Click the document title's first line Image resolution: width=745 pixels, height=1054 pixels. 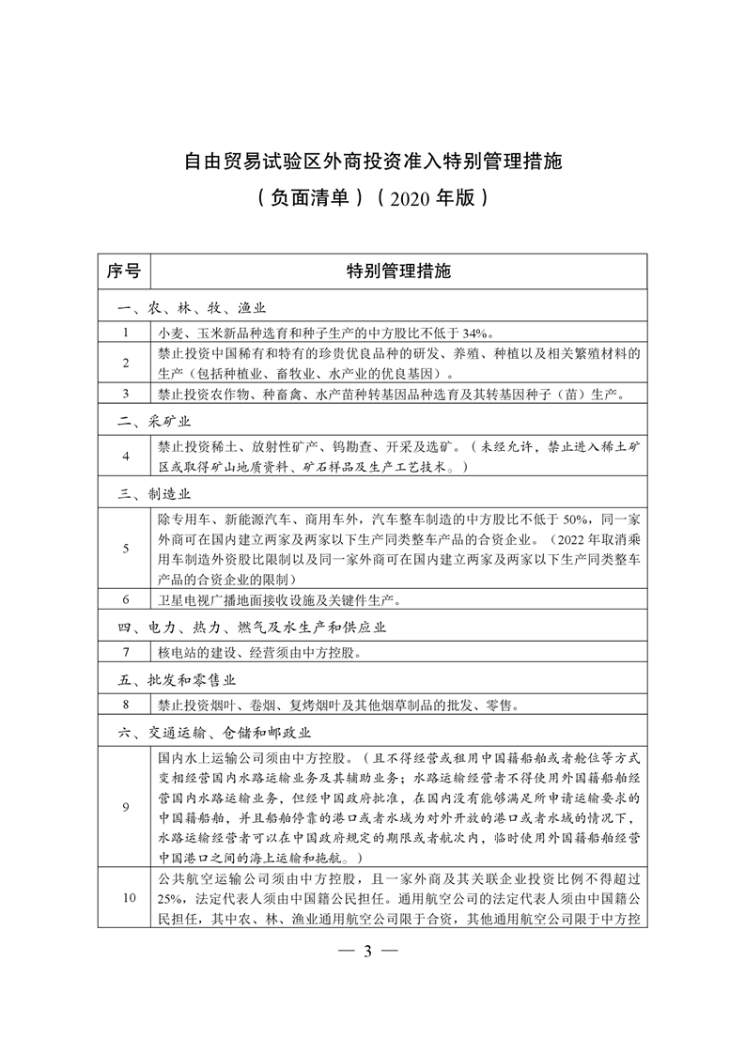click(372, 161)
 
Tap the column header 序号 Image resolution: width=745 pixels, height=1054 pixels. click(123, 272)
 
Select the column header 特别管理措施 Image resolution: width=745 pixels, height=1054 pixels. click(398, 272)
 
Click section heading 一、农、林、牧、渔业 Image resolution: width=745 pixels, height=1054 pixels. click(192, 308)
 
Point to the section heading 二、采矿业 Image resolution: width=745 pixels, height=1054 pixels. click(153, 422)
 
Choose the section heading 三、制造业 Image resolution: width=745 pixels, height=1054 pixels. click(153, 492)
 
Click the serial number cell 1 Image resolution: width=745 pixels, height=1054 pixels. click(124, 332)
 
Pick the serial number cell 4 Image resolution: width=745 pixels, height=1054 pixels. click(124, 457)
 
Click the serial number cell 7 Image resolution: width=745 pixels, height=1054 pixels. click(124, 651)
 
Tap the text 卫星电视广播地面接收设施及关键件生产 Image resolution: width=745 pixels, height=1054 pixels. click(285, 598)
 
